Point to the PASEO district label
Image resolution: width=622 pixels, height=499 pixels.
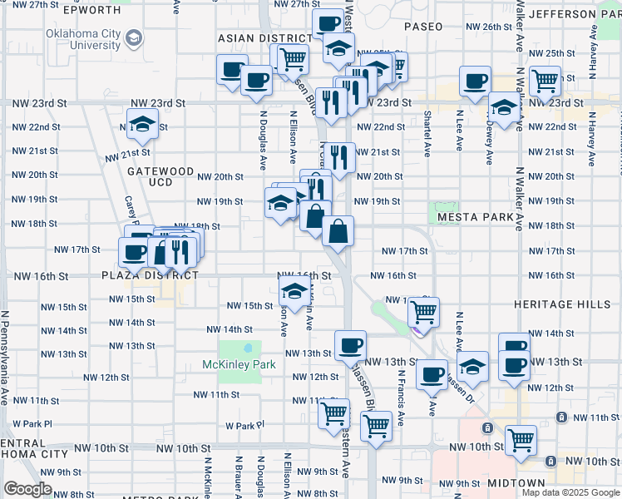pyautogui.click(x=423, y=27)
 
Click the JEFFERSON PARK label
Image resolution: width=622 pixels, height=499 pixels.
pyautogui.click(x=574, y=14)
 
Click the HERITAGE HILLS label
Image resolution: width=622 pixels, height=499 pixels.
pyautogui.click(x=562, y=305)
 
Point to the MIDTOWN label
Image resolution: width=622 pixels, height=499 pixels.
pyautogui.click(x=516, y=483)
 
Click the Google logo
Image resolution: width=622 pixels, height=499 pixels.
pyautogui.click(x=27, y=489)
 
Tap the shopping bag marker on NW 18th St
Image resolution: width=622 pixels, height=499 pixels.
pyautogui.click(x=338, y=233)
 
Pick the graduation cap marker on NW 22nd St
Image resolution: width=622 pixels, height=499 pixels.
pyautogui.click(x=143, y=125)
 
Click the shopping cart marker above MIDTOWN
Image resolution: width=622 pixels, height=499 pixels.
pyautogui.click(x=521, y=439)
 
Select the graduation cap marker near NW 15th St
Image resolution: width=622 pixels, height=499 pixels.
pyautogui.click(x=293, y=292)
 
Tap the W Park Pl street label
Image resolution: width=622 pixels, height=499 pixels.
pyautogui.click(x=244, y=424)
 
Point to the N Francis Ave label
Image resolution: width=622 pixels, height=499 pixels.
pyautogui.click(x=400, y=398)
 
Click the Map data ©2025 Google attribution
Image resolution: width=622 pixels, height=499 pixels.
pyautogui.click(x=570, y=492)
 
